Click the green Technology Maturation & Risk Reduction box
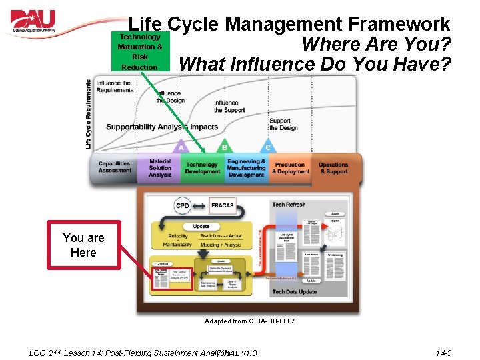[x=139, y=52]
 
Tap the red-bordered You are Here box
[x=84, y=245]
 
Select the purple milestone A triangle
[x=181, y=147]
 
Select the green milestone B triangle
[x=224, y=147]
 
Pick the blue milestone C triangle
[x=267, y=147]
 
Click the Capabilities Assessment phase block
[x=115, y=167]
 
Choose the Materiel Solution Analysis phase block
[x=160, y=167]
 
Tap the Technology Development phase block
[x=202, y=167]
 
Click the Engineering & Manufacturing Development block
[x=246, y=167]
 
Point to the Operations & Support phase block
[x=333, y=167]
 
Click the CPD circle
[x=183, y=205]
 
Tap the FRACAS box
[x=222, y=205]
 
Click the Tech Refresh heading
[x=289, y=204]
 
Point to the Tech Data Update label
[x=293, y=292]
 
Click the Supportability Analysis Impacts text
[x=162, y=127]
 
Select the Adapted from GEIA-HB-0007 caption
[x=249, y=321]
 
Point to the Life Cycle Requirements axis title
[x=89, y=114]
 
